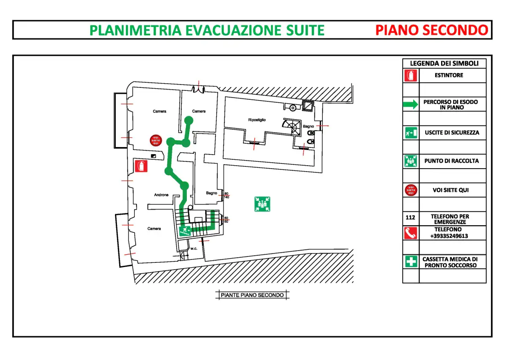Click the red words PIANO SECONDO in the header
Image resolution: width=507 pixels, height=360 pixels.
(431, 30)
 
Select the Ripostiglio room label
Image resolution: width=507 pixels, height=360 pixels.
(257, 120)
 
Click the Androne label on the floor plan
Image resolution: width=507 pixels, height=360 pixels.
(161, 195)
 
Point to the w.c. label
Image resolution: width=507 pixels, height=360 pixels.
(194, 248)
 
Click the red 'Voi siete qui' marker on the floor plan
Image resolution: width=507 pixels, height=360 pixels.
(156, 140)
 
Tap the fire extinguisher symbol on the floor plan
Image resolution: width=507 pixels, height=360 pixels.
(141, 166)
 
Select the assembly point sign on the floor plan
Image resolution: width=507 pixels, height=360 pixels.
(262, 204)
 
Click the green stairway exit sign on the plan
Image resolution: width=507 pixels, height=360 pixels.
(185, 231)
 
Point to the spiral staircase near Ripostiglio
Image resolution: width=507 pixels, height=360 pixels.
(292, 127)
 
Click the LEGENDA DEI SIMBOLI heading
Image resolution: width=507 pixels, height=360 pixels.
(444, 63)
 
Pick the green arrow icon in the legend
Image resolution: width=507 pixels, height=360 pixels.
(410, 104)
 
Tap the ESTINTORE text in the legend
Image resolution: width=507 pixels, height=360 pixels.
(449, 75)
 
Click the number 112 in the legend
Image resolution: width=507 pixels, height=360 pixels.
(410, 218)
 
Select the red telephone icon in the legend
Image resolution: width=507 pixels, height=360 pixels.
(411, 233)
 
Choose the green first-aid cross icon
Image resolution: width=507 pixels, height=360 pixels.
(411, 262)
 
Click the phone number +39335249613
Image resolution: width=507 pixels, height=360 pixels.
(449, 236)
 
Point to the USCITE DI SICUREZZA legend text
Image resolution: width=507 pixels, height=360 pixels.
(452, 133)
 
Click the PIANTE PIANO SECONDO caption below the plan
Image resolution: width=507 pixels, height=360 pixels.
(252, 295)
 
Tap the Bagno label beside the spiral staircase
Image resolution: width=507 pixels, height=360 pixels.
(308, 126)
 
